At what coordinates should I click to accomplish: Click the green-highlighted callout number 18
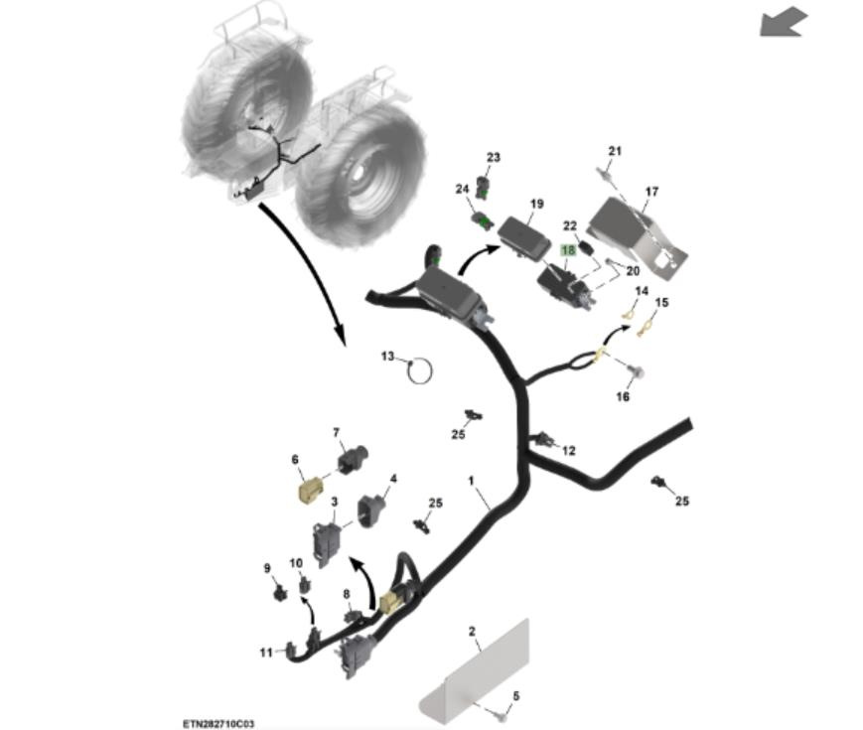(568, 251)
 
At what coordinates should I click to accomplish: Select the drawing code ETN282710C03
(217, 724)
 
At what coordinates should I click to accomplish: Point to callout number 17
(651, 191)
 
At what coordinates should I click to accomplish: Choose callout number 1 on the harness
(472, 480)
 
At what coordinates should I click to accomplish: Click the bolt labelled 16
(637, 371)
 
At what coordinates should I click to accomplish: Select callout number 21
(615, 151)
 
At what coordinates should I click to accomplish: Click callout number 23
(494, 157)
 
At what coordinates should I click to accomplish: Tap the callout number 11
(265, 653)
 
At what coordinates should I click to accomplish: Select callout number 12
(568, 450)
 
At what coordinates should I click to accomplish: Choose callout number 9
(266, 568)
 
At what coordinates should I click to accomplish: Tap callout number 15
(661, 302)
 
